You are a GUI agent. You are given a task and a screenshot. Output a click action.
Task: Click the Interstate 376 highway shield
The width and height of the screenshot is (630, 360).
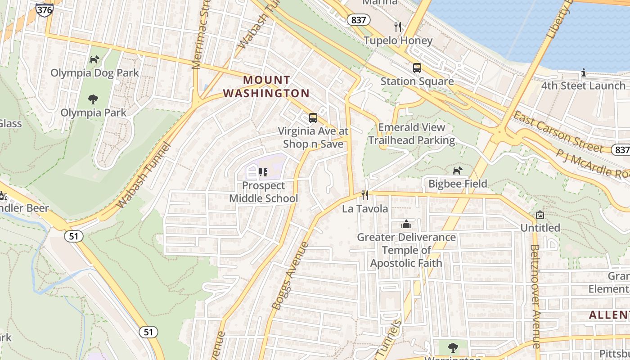coord(45,10)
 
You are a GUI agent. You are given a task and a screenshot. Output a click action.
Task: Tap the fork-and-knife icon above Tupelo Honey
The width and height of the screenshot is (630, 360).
coord(397,27)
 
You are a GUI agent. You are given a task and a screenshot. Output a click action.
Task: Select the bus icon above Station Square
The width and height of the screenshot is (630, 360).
coord(417,68)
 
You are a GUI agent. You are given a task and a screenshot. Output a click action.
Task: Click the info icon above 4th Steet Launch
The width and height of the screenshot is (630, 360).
coord(584,72)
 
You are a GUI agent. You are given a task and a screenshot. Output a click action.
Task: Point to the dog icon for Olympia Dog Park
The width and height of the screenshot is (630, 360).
coord(94,59)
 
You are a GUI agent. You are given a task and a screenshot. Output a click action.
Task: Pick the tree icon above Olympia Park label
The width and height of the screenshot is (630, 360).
coord(93,99)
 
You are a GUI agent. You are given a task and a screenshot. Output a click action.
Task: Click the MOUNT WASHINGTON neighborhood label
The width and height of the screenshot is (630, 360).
coord(266,86)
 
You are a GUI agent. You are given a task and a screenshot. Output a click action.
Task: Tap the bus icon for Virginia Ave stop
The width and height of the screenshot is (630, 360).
coord(313,118)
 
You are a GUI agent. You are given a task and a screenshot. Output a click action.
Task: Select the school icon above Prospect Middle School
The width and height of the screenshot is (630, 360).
coord(263,172)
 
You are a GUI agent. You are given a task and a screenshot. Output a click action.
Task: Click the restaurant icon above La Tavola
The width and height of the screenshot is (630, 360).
coord(365,195)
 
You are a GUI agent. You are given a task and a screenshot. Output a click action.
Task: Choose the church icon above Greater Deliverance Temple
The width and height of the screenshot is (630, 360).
coord(406,224)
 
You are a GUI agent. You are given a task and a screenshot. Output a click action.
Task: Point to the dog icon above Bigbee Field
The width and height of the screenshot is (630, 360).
coord(457,171)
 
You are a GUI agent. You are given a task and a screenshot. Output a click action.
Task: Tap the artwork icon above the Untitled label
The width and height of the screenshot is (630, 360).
coord(540,215)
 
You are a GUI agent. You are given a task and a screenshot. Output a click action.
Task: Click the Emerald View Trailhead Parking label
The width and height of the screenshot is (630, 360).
coord(411,134)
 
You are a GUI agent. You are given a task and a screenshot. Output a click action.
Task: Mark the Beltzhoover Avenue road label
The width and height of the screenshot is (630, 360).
coord(535,296)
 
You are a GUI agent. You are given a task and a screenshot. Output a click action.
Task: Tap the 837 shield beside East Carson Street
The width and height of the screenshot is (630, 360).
coord(621,149)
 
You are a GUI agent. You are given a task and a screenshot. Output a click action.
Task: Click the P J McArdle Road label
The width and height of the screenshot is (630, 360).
coord(592,163)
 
